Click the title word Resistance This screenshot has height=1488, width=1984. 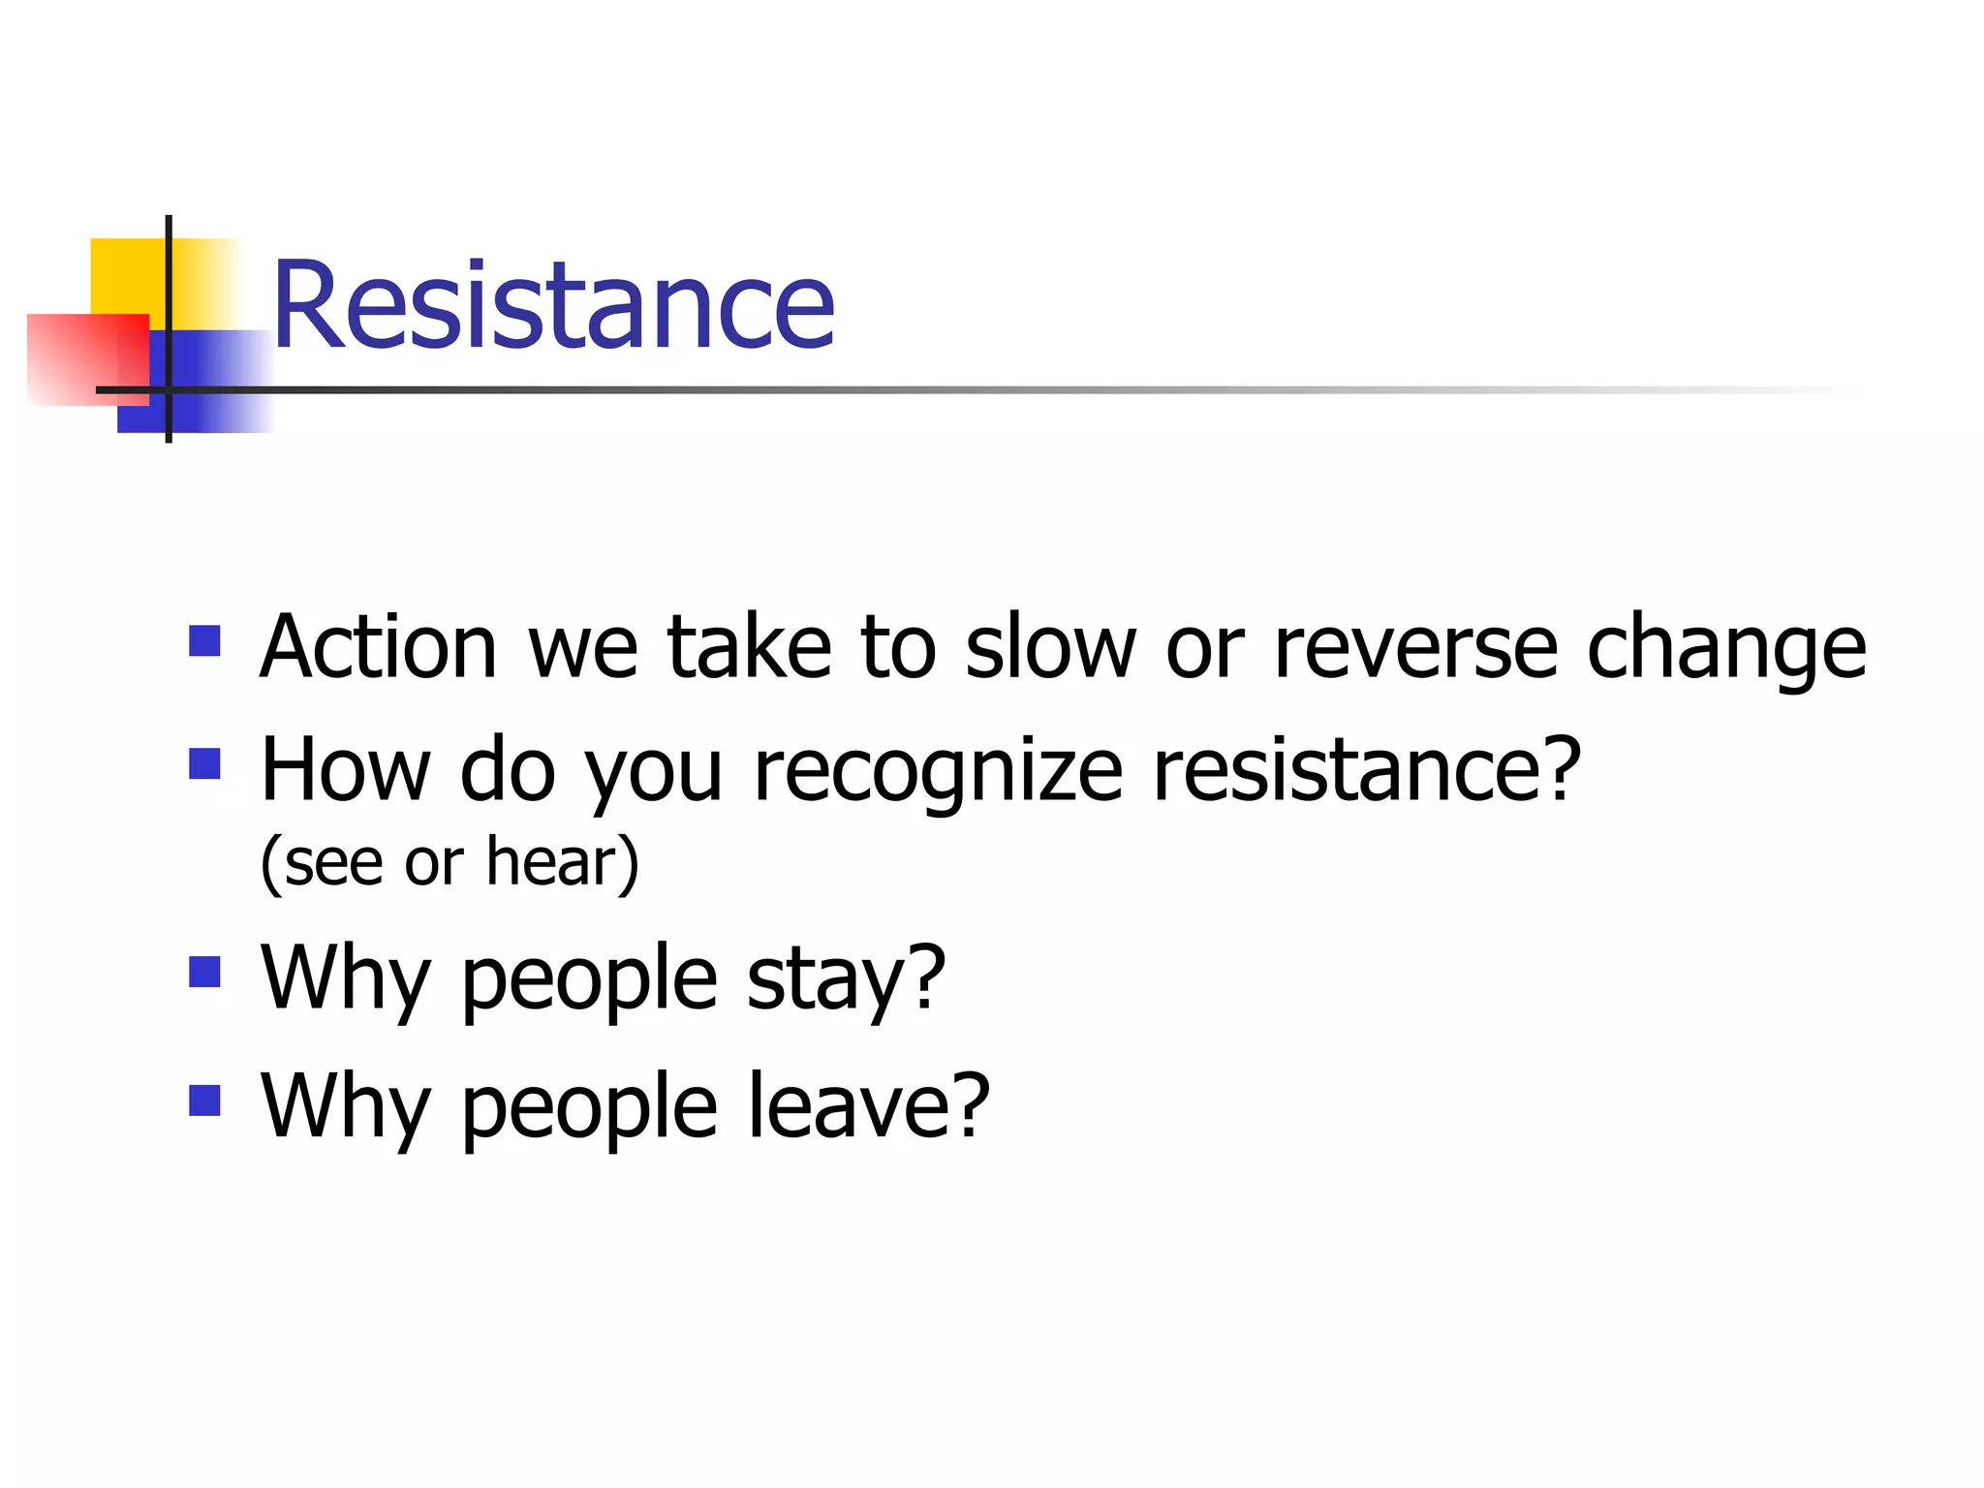[553, 304]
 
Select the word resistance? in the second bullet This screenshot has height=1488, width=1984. [1367, 770]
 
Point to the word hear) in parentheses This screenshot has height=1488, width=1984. [562, 861]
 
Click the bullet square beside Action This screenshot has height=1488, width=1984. [204, 640]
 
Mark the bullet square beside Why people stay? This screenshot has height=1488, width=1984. [204, 972]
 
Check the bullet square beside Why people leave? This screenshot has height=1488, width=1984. [204, 1100]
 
